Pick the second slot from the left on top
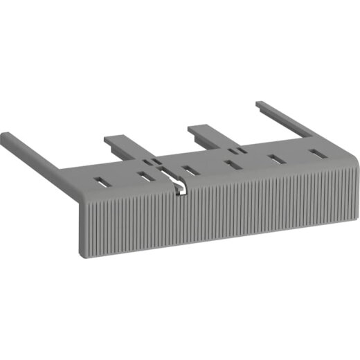(145, 177)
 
